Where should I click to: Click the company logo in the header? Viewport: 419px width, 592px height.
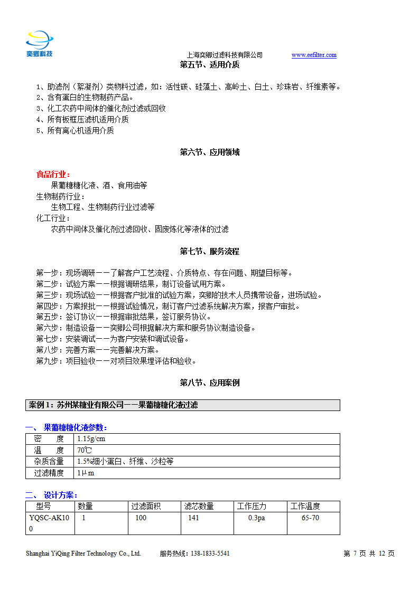(40, 43)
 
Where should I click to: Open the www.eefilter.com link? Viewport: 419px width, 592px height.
(314, 55)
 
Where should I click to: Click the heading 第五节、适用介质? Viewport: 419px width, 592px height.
(209, 65)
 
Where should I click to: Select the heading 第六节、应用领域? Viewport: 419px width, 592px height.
(209, 152)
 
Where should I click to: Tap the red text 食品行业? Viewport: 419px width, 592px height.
(52, 174)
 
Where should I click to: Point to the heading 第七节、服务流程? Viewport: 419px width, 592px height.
(209, 251)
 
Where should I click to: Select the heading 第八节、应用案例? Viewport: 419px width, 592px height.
(209, 383)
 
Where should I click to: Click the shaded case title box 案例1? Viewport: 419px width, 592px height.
(182, 405)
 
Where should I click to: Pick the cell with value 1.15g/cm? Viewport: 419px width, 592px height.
(91, 439)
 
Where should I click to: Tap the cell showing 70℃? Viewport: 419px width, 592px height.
(85, 450)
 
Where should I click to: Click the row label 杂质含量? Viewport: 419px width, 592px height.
(49, 462)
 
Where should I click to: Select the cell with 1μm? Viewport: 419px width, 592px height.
(86, 473)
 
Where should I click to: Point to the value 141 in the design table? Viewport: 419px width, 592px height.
(193, 518)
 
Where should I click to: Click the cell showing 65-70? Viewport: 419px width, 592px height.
(310, 518)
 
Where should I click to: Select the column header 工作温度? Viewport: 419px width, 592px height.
(305, 507)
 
